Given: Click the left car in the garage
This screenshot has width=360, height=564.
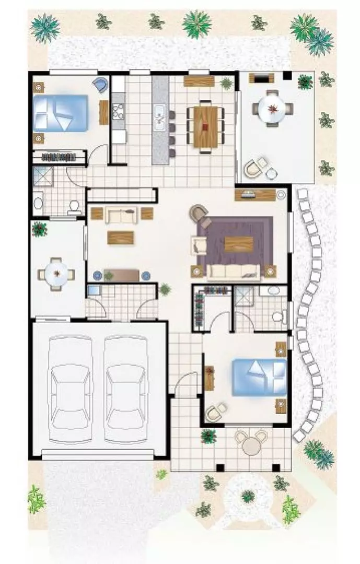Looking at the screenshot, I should (71, 389).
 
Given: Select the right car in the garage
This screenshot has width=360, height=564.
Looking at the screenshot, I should (126, 389).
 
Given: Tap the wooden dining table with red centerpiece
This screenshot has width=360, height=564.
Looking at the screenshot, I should (205, 127).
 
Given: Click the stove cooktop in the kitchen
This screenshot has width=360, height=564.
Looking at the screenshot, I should (118, 113).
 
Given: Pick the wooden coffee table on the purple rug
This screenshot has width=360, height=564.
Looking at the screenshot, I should (238, 244).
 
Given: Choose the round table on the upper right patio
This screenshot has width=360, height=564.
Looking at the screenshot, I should (273, 109).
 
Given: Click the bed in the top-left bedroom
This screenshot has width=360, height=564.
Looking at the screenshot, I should (60, 113).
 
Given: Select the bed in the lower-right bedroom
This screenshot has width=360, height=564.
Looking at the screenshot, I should (259, 377).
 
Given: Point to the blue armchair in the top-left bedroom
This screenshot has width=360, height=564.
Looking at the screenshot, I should (101, 84).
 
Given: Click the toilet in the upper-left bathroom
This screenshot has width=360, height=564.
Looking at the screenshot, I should (74, 207).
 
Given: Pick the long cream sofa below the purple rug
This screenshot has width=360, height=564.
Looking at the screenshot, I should (234, 272).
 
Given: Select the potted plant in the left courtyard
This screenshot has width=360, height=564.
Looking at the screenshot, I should (39, 229).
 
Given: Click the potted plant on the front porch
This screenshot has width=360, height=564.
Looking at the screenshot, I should (208, 436).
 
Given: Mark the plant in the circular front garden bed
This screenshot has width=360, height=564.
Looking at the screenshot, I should (248, 496).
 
